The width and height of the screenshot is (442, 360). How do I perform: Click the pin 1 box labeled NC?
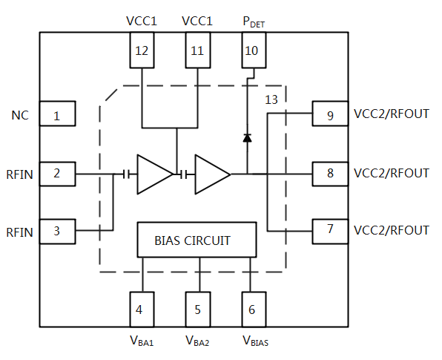pyautogui.click(x=58, y=114)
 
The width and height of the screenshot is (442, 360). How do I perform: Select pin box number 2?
pyautogui.click(x=58, y=174)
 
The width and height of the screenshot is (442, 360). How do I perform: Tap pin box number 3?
pyautogui.click(x=58, y=232)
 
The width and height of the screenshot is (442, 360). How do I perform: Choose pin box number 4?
pyautogui.click(x=142, y=310)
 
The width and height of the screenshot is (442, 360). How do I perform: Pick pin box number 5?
pyautogui.click(x=198, y=310)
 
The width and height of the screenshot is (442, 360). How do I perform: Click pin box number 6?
pyautogui.click(x=254, y=310)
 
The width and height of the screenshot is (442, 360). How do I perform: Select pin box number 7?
pyautogui.click(x=330, y=232)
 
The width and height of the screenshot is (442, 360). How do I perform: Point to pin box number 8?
pyautogui.click(x=330, y=174)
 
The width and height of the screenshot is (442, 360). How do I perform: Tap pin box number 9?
pyautogui.click(x=330, y=114)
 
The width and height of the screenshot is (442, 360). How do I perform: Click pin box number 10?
pyautogui.click(x=254, y=50)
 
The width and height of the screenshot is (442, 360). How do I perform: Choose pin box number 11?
pyautogui.click(x=198, y=50)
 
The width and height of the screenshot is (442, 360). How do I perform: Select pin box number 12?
pyautogui.click(x=142, y=50)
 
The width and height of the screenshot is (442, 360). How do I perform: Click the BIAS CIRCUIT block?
pyautogui.click(x=197, y=240)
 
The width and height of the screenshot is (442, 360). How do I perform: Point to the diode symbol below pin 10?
pyautogui.click(x=248, y=138)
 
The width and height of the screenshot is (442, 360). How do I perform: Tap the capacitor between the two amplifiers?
pyautogui.click(x=183, y=174)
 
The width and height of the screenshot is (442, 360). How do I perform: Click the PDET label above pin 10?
pyautogui.click(x=254, y=22)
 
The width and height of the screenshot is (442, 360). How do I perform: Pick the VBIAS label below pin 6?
pyautogui.click(x=255, y=341)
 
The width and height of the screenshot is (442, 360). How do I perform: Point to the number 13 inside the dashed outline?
pyautogui.click(x=271, y=100)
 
